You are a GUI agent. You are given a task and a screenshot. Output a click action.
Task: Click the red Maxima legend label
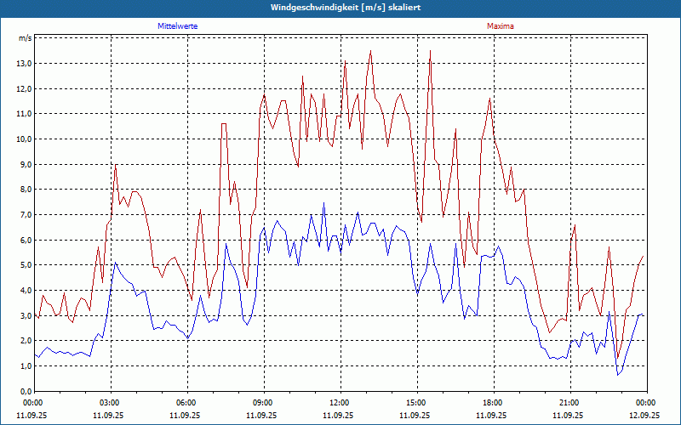click(500, 26)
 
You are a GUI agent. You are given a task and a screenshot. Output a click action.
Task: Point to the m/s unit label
click(26, 38)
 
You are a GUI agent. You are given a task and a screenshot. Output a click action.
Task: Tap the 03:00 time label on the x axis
click(109, 403)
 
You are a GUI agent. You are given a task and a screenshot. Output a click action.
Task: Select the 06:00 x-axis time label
click(186, 403)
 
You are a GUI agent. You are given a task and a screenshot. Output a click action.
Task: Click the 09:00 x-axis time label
click(262, 403)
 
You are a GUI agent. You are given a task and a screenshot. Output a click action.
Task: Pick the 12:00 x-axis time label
click(339, 403)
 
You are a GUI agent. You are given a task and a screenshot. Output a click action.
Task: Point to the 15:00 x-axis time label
click(415, 403)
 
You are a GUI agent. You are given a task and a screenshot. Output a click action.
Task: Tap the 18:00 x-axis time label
click(492, 403)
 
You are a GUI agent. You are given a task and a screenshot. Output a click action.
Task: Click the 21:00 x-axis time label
click(569, 403)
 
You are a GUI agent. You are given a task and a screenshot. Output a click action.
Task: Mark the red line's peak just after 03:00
click(115, 165)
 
